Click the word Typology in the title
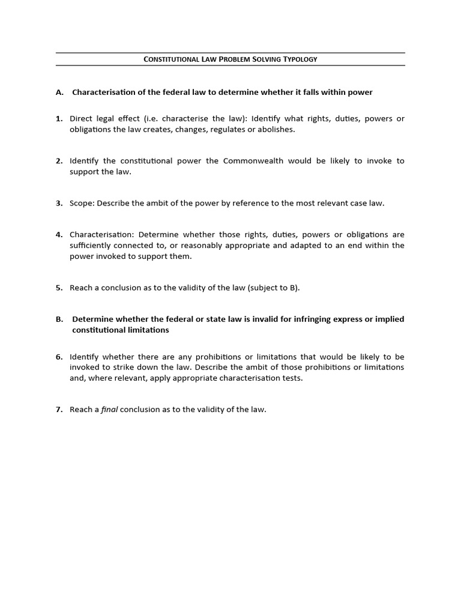coord(298,59)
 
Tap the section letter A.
coord(59,92)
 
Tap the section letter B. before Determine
coord(59,319)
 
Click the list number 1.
coord(59,119)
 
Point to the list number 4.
coord(59,234)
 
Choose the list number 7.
coord(59,410)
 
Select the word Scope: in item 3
coord(82,203)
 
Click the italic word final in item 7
coord(109,410)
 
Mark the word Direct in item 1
coord(81,119)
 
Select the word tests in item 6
coord(291,378)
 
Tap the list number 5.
coord(59,288)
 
